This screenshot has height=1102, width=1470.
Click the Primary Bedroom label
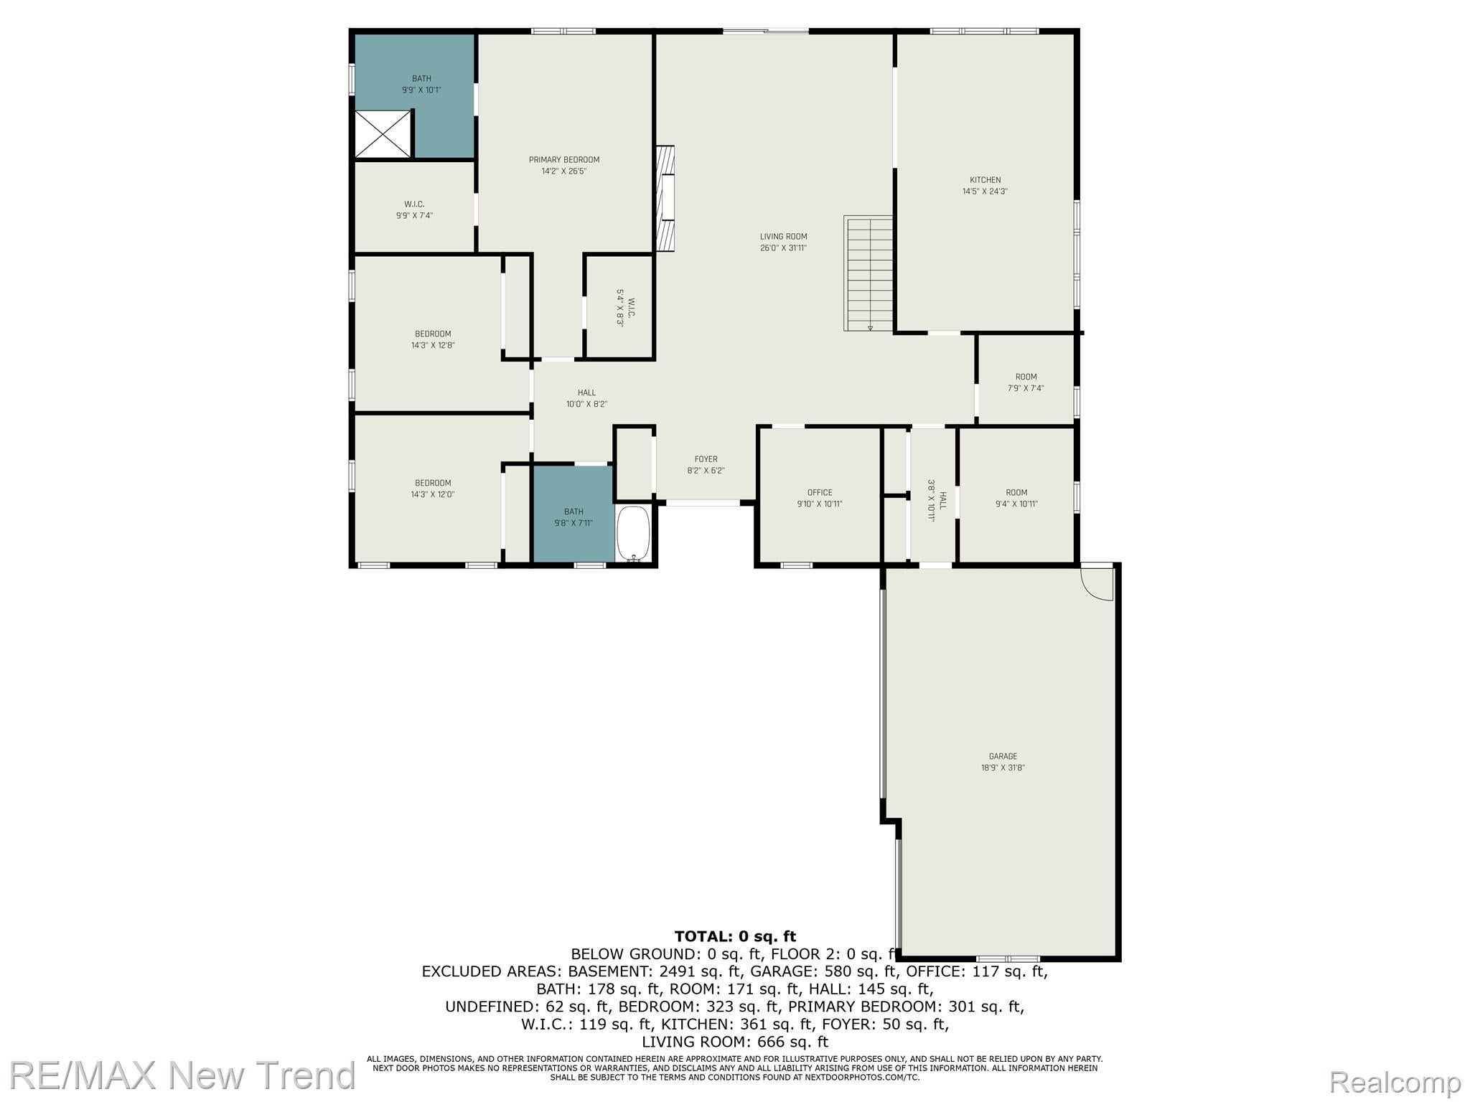(564, 160)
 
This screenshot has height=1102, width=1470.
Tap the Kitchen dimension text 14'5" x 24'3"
(985, 192)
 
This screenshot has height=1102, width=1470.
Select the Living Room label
(783, 237)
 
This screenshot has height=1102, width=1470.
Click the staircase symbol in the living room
(869, 273)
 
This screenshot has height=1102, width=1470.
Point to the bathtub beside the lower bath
(633, 534)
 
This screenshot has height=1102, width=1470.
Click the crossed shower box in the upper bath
(383, 134)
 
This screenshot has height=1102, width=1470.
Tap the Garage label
(1003, 756)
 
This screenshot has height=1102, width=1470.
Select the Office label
(819, 493)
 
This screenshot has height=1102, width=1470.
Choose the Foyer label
(706, 459)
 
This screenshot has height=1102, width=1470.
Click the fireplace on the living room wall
(665, 199)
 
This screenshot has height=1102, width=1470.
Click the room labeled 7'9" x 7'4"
(1026, 382)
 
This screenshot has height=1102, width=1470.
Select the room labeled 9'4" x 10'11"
(1016, 498)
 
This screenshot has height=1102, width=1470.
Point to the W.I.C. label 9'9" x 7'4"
(414, 209)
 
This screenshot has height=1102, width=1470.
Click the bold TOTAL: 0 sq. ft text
(735, 936)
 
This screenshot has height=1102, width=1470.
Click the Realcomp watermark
(1395, 1081)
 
